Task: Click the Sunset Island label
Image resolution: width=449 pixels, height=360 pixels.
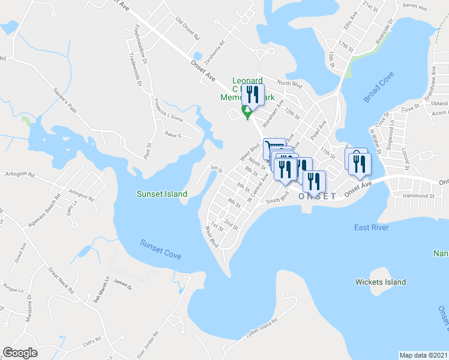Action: click(161, 194)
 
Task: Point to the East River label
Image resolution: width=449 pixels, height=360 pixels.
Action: click(371, 227)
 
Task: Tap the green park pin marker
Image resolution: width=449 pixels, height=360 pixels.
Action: click(246, 112)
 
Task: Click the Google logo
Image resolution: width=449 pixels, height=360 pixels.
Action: click(20, 353)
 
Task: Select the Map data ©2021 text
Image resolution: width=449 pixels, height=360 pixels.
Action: click(423, 355)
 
